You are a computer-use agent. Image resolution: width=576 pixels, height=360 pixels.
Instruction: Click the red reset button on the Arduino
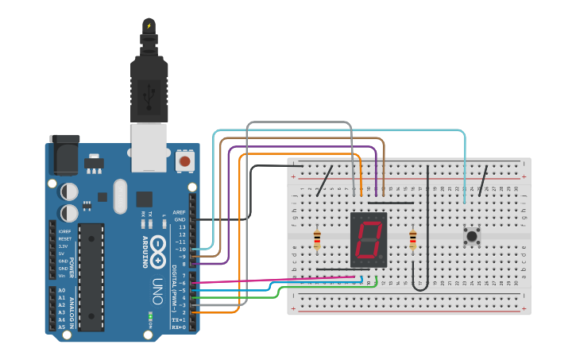184,161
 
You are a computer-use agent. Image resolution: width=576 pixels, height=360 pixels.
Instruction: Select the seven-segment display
369,239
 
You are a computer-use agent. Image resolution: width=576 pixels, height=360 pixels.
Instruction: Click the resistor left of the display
318,239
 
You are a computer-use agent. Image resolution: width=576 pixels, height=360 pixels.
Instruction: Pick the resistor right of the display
412,239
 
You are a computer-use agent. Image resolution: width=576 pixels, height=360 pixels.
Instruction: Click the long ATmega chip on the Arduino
91,277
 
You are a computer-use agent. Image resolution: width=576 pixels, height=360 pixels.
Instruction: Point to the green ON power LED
149,318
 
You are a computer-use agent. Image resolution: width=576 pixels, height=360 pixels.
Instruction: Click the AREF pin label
180,212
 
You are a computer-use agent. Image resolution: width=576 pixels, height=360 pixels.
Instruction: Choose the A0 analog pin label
62,290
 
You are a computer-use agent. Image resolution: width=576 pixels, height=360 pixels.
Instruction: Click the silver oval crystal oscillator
120,195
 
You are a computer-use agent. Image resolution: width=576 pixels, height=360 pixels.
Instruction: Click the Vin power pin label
62,275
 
